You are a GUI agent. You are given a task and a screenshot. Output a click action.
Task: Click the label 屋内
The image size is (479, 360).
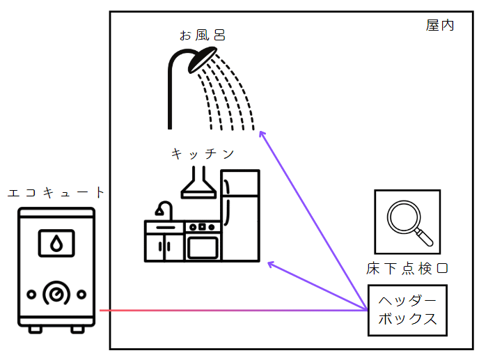(440, 25)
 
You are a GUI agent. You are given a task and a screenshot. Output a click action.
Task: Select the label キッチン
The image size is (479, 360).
(203, 153)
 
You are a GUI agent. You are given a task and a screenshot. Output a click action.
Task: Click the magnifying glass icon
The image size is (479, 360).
(407, 221)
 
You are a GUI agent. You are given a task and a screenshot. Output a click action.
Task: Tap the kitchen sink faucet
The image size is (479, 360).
(164, 210)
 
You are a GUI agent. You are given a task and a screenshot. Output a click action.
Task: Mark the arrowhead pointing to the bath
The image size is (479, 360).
(260, 133)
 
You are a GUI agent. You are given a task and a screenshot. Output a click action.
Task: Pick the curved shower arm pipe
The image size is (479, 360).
(173, 91)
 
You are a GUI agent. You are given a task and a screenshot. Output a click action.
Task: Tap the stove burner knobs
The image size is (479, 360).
(203, 226)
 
